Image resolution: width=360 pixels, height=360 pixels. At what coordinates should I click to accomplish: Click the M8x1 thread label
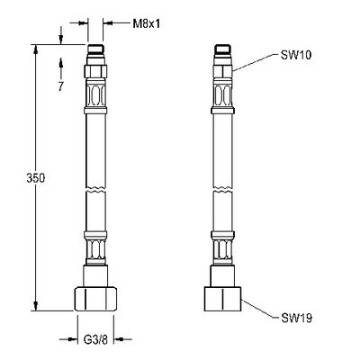point(147,23)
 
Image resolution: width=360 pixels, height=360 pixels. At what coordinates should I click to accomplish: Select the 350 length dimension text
point(36,178)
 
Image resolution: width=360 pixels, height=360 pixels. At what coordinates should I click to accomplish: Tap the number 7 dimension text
point(61,86)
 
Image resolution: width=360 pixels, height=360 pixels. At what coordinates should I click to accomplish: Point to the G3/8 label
point(95,340)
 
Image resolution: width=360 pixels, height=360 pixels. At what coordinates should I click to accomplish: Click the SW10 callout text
point(296,55)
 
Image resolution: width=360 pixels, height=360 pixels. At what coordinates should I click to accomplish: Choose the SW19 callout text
point(297,318)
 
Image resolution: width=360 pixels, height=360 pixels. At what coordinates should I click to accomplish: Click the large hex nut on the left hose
point(95,299)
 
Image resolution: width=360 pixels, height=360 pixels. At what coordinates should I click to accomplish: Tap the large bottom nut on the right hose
point(222,299)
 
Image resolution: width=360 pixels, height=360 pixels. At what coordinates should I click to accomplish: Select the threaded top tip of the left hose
point(95,49)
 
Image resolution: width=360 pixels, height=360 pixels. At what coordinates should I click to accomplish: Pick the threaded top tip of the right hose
point(222,49)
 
